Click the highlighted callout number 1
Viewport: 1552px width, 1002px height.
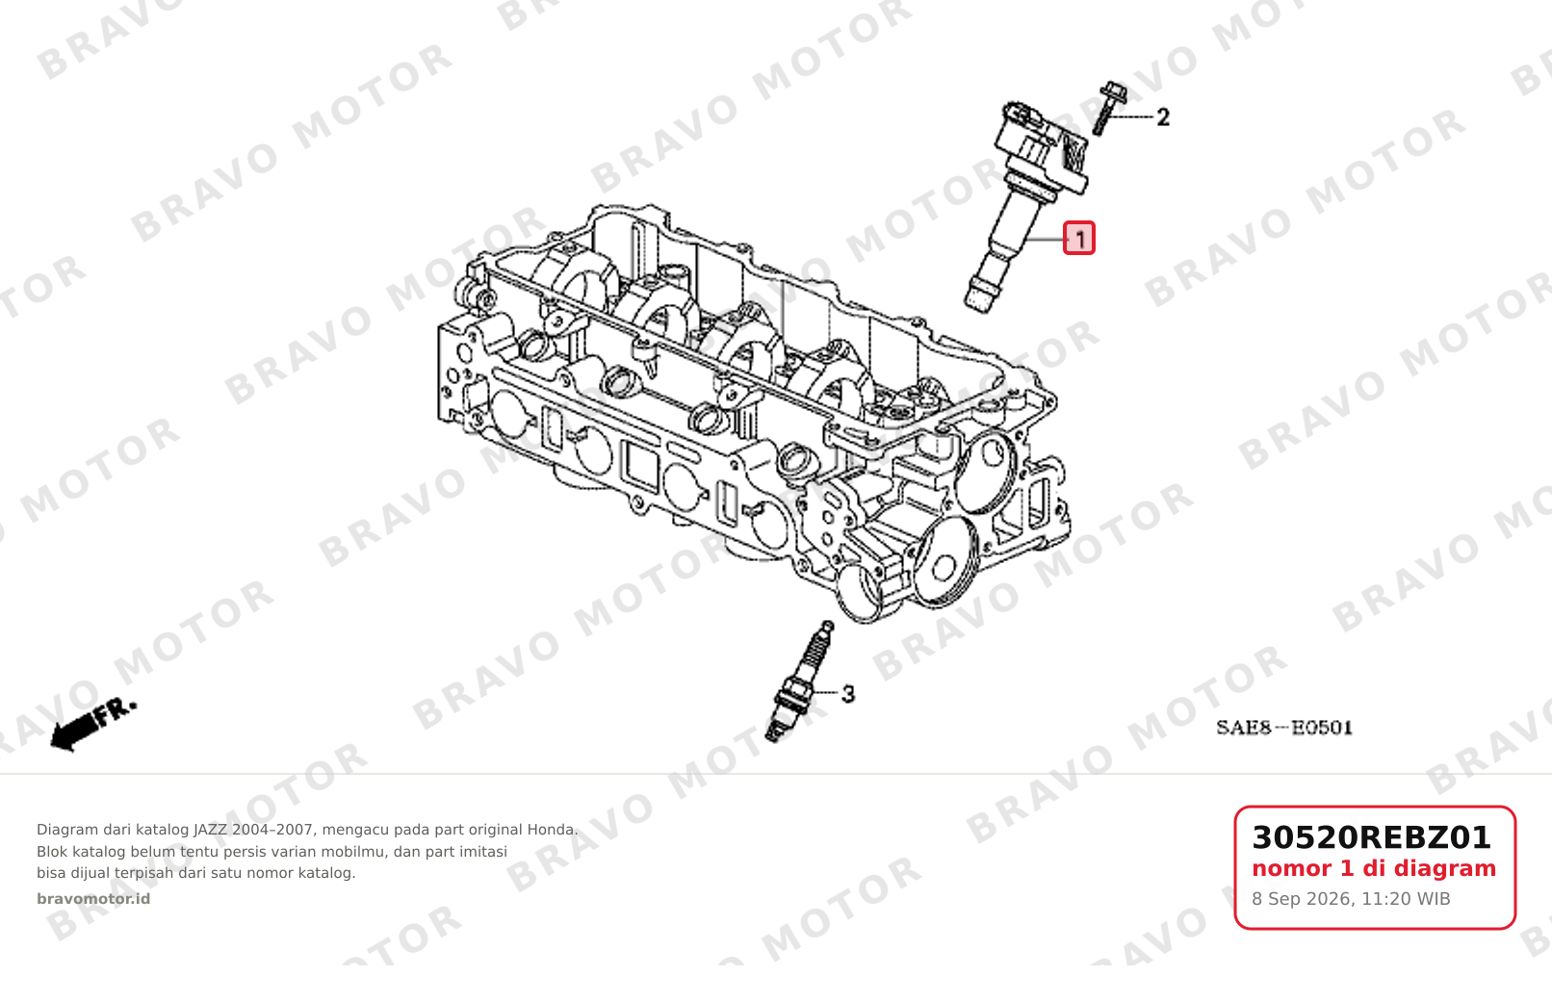click(1078, 238)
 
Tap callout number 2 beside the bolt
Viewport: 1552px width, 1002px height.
click(1163, 117)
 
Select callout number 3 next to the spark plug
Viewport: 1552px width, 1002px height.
click(848, 694)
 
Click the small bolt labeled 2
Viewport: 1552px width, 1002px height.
click(1107, 108)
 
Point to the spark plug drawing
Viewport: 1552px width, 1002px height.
click(800, 681)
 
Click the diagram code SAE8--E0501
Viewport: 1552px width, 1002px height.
click(1283, 728)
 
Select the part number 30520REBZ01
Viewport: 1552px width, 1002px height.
click(1371, 837)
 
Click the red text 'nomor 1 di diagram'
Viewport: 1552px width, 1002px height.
click(1374, 868)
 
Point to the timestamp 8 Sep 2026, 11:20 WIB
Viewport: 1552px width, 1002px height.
click(1351, 899)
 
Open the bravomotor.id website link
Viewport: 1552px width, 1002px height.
click(93, 899)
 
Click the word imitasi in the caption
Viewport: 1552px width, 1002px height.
click(483, 852)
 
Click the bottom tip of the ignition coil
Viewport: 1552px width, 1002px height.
click(976, 307)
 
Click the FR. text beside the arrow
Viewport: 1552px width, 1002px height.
click(116, 712)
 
